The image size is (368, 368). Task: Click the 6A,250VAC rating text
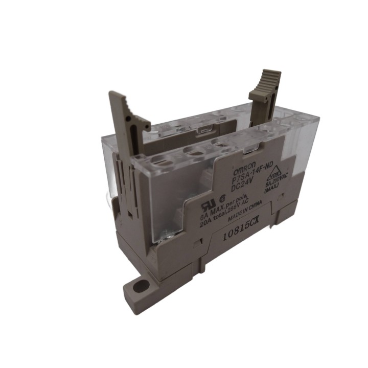coord(277,182)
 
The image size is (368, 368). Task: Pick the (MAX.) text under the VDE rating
coord(272,191)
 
